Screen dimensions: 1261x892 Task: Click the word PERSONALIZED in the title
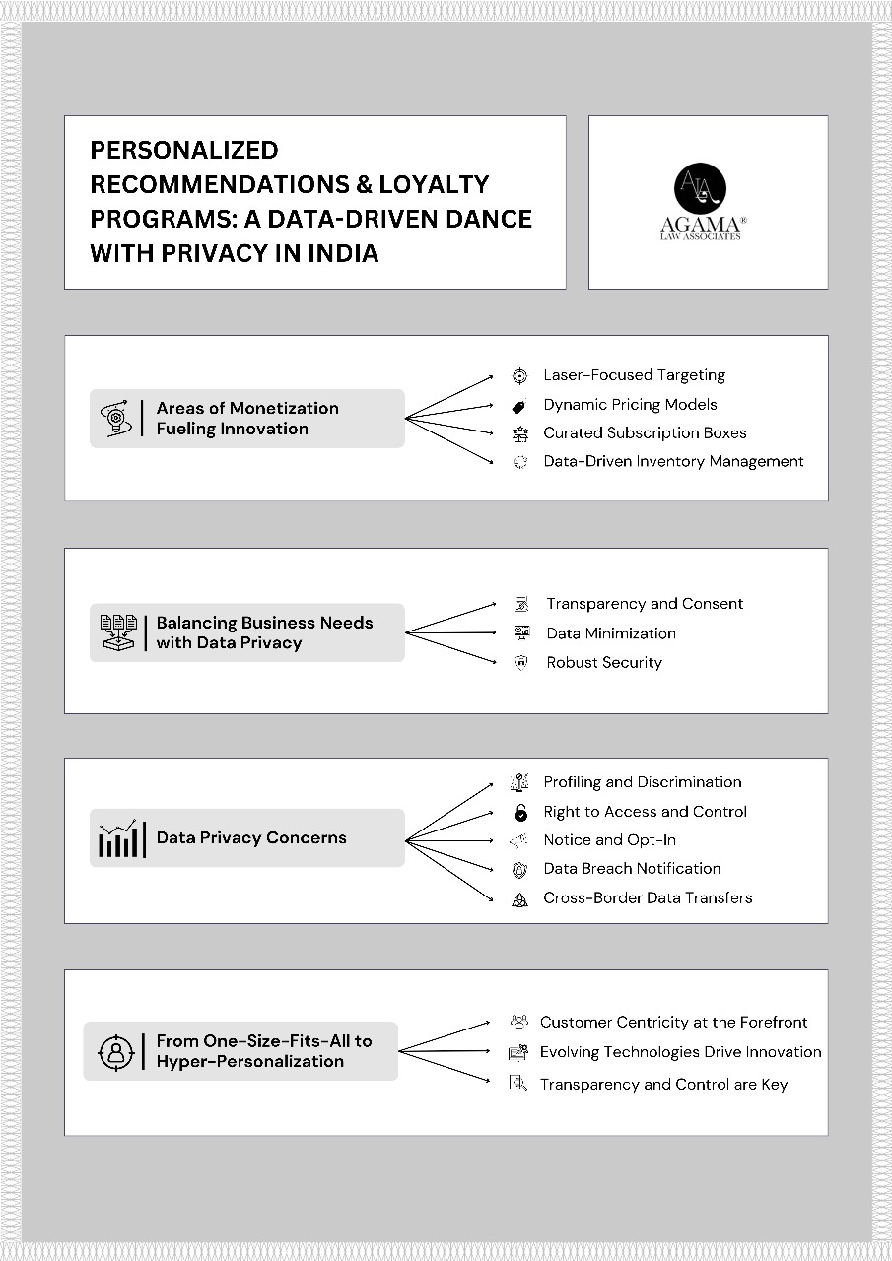click(x=184, y=150)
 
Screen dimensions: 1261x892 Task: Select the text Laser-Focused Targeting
click(x=634, y=375)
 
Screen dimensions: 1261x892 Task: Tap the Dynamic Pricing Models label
click(x=630, y=404)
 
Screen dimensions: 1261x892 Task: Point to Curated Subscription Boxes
click(x=645, y=432)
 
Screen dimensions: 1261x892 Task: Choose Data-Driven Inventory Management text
click(x=673, y=461)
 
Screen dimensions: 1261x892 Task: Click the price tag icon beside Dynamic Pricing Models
click(x=519, y=405)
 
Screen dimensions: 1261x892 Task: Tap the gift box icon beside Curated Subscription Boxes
click(x=519, y=433)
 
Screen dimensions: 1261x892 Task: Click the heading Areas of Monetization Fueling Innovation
click(x=246, y=418)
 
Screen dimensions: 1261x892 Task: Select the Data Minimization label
click(x=611, y=633)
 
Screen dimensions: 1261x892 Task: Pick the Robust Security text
click(x=604, y=662)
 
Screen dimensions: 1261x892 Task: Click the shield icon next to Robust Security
click(x=522, y=663)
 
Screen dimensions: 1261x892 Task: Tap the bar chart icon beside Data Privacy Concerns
click(x=122, y=838)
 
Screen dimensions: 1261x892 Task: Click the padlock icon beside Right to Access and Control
click(x=520, y=813)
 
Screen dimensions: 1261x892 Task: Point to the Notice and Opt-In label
click(x=609, y=840)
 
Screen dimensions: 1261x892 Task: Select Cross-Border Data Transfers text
click(x=648, y=898)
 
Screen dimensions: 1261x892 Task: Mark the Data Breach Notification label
click(x=632, y=869)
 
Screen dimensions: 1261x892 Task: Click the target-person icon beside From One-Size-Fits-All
click(x=116, y=1051)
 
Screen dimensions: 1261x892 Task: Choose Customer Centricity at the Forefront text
click(x=673, y=1023)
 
